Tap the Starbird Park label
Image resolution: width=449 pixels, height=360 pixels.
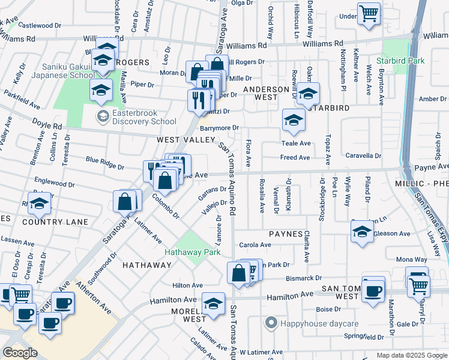point(400,61)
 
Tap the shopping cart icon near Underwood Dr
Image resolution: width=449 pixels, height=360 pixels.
point(369,13)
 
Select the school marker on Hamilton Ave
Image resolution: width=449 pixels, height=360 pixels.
point(213,304)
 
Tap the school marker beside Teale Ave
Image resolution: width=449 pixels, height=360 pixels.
point(294,121)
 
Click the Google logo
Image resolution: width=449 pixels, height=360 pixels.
point(20,353)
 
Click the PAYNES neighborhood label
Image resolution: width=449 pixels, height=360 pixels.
point(285,233)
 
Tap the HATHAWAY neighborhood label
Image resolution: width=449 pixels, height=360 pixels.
point(147,265)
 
